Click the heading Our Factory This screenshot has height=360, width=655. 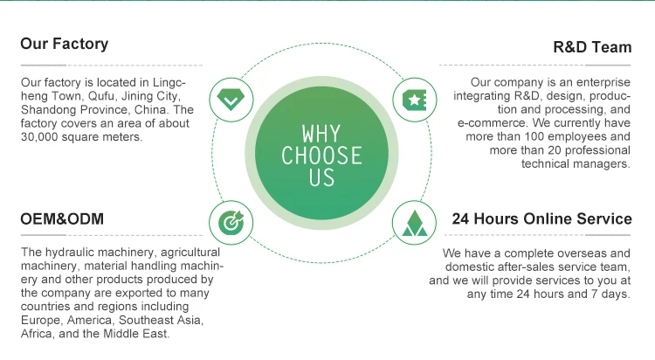click(65, 44)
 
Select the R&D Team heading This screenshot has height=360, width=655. click(592, 47)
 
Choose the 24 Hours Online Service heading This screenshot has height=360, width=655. click(541, 218)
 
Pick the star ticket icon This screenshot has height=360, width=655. click(412, 100)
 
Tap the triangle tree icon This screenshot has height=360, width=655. click(412, 223)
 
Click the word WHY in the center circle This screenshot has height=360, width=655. click(321, 135)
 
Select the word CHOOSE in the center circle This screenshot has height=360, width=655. click(321, 156)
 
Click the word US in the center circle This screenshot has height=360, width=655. click(321, 177)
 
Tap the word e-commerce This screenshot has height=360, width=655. click(486, 123)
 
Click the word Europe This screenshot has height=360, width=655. click(42, 320)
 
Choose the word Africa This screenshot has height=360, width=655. click(39, 333)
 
